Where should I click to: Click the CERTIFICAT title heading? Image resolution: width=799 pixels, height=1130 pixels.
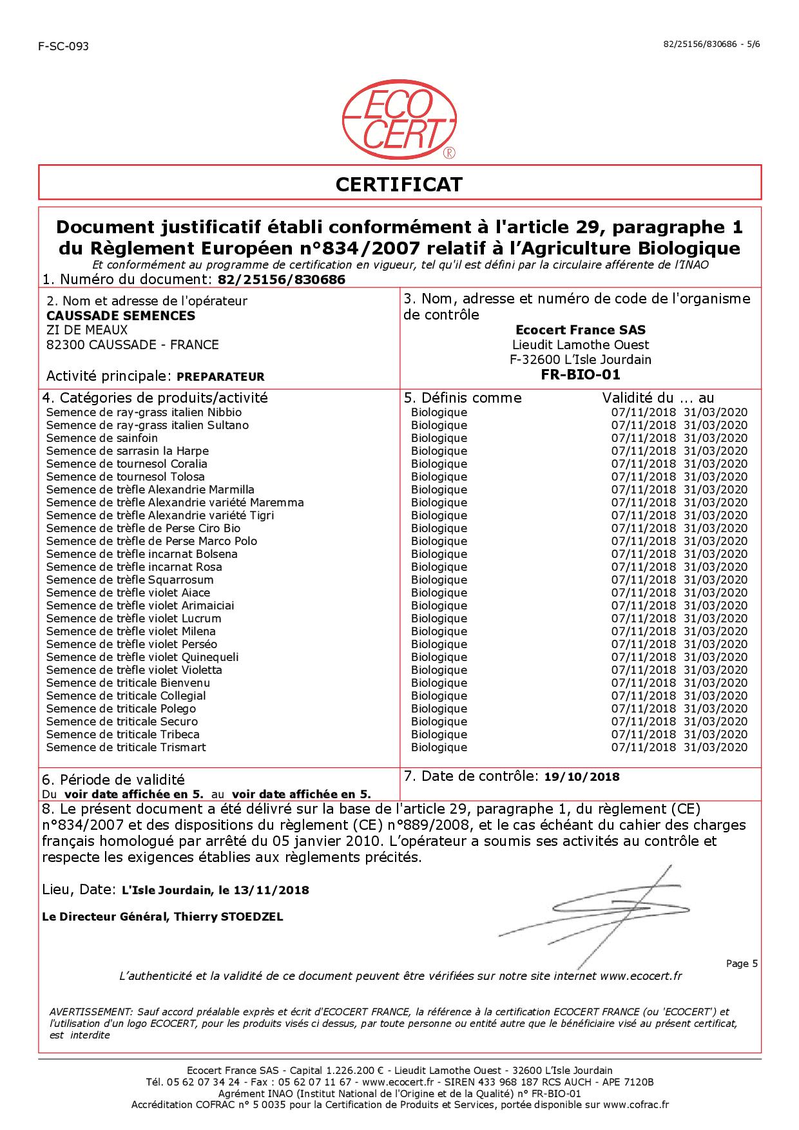(399, 185)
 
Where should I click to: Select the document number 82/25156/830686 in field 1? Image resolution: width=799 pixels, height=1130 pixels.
(282, 280)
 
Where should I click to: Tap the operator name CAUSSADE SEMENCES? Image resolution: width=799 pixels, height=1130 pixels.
(120, 316)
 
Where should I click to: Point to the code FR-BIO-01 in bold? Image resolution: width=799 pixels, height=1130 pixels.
(581, 375)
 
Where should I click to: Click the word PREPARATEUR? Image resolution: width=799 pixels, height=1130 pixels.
(220, 377)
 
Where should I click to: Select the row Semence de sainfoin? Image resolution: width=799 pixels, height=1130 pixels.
(102, 438)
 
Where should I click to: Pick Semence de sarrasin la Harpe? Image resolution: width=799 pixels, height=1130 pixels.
(128, 451)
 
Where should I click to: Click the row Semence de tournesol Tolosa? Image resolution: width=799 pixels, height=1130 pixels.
(126, 477)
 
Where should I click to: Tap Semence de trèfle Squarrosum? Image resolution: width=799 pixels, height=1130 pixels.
(130, 580)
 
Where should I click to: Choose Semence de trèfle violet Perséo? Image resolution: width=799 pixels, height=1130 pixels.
(131, 644)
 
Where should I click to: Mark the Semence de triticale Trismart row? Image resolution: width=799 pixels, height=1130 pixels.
(126, 747)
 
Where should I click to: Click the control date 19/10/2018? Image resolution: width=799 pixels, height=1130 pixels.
(582, 777)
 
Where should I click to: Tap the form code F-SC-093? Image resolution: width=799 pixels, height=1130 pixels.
(64, 46)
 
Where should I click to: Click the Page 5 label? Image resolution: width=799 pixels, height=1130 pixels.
(742, 964)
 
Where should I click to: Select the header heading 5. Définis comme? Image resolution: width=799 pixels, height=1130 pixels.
(462, 398)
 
